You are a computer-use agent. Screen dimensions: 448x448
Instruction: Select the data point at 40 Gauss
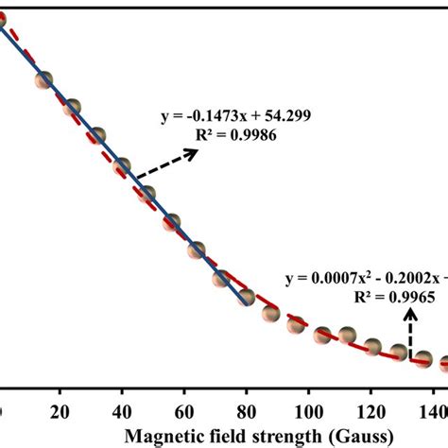(x=122, y=167)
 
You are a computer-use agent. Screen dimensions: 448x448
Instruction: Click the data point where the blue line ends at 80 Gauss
(x=247, y=299)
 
